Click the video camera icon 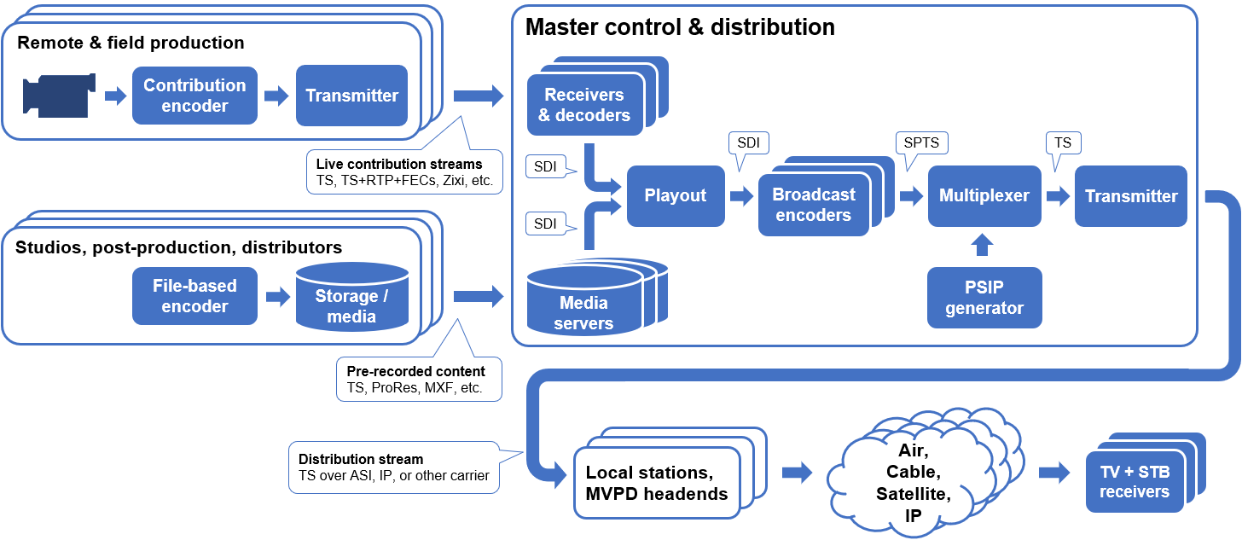coord(55,96)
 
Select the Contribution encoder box coord(194,96)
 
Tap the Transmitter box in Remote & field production coord(351,96)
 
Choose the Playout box coord(675,195)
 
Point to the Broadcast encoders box coord(813,205)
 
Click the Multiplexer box coord(984,195)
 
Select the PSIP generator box coord(984,298)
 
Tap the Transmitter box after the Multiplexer coord(1130,195)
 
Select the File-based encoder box coord(194,296)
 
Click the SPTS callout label coord(922,142)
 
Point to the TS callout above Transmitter coord(1063,142)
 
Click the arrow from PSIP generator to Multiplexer coord(984,246)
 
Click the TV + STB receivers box coord(1134,481)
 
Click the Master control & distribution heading coord(680,27)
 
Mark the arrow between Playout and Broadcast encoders coord(741,196)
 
